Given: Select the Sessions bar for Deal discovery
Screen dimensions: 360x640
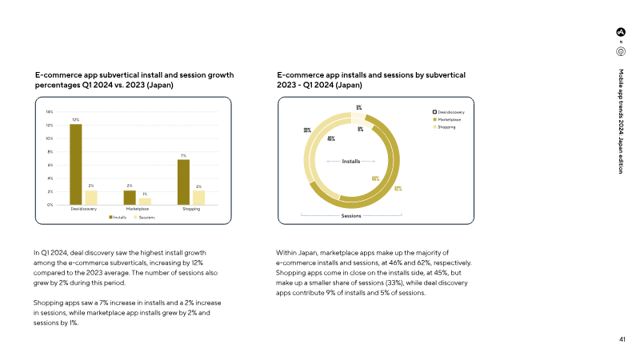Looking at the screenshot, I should [91, 198].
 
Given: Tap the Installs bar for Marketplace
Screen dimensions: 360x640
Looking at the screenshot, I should [130, 198].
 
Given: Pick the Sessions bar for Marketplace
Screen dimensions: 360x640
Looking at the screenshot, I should [145, 202].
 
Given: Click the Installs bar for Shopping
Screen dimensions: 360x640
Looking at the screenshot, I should [183, 182].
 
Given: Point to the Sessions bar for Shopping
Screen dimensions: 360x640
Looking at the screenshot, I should [199, 198].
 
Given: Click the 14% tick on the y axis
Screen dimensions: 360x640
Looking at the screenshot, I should [50, 111].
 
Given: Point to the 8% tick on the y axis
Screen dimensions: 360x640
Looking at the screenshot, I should [50, 151].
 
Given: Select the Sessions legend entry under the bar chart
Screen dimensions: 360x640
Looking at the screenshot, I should [145, 217].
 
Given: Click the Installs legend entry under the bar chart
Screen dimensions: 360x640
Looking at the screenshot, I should [118, 217].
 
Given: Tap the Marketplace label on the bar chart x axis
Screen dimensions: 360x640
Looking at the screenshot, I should [137, 209].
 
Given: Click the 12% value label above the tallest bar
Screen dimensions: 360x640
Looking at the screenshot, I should [75, 120].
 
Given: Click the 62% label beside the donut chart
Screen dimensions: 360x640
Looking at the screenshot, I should [398, 190].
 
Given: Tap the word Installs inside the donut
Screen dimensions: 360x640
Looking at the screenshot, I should [351, 162].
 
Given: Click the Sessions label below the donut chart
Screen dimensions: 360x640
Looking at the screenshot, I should [351, 216].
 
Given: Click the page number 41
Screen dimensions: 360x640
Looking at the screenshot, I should [622, 338].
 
